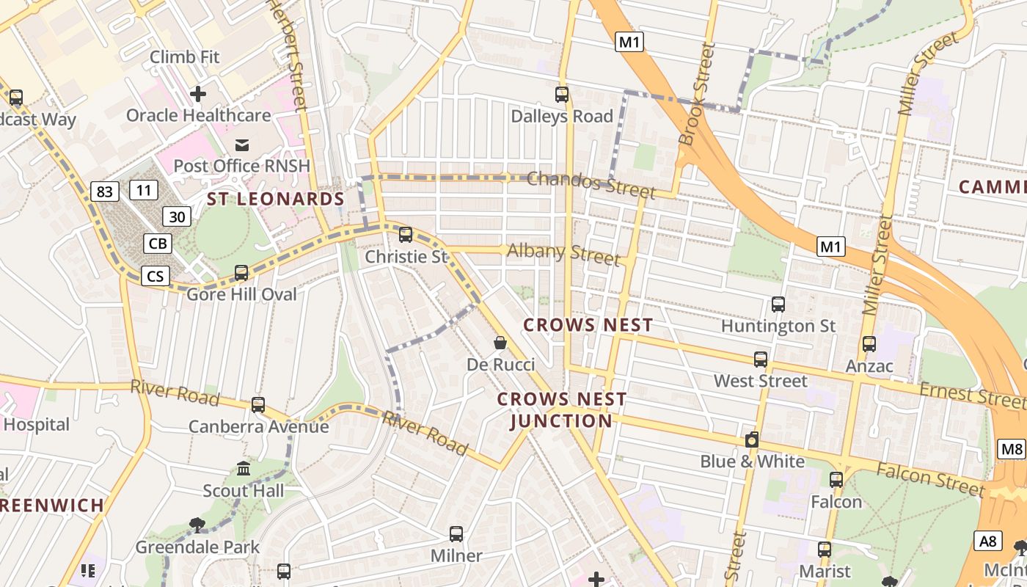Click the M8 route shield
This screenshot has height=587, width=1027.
pos(1012,449)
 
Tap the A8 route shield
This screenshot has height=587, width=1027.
pos(989,542)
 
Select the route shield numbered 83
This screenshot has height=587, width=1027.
pos(105,192)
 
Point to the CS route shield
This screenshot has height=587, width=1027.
pos(156,276)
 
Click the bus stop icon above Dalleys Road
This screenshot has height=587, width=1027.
pos(562,94)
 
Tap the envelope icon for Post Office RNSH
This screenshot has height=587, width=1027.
pos(242,144)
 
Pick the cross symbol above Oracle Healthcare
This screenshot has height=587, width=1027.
pos(198,94)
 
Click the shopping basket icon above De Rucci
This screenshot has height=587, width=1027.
pos(500,343)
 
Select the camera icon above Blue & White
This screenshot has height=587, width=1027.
pos(752,440)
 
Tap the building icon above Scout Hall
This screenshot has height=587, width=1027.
pos(244,468)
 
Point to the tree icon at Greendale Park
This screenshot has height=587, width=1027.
pos(197,525)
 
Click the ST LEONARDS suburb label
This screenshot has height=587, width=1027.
pos(275,199)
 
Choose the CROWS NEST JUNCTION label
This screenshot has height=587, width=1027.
pos(562,410)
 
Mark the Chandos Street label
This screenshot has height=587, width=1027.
pos(591,184)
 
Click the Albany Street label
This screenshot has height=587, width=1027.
pos(563,254)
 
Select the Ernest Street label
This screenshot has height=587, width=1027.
pos(973,395)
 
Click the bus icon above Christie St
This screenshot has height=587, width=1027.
pos(405,235)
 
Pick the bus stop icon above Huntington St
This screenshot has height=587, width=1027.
pos(778,304)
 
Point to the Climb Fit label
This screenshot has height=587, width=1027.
pos(185,56)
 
